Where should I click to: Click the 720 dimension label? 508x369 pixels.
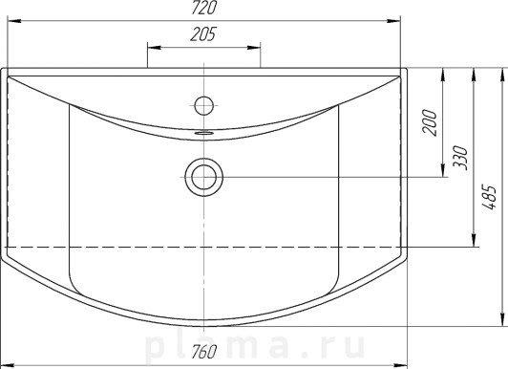tap(203, 8)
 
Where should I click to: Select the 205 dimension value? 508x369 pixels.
tap(202, 34)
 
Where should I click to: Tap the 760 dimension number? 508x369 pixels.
tap(203, 352)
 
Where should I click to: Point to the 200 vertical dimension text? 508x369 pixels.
tap(430, 122)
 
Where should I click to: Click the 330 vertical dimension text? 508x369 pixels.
tap(460, 158)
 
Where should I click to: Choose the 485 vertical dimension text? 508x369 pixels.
tap(489, 198)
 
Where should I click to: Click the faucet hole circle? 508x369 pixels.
tap(203, 105)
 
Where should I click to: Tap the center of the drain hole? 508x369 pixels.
tap(203, 177)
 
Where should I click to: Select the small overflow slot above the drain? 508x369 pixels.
tap(203, 132)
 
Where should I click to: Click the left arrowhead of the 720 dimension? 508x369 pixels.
tap(14, 21)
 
